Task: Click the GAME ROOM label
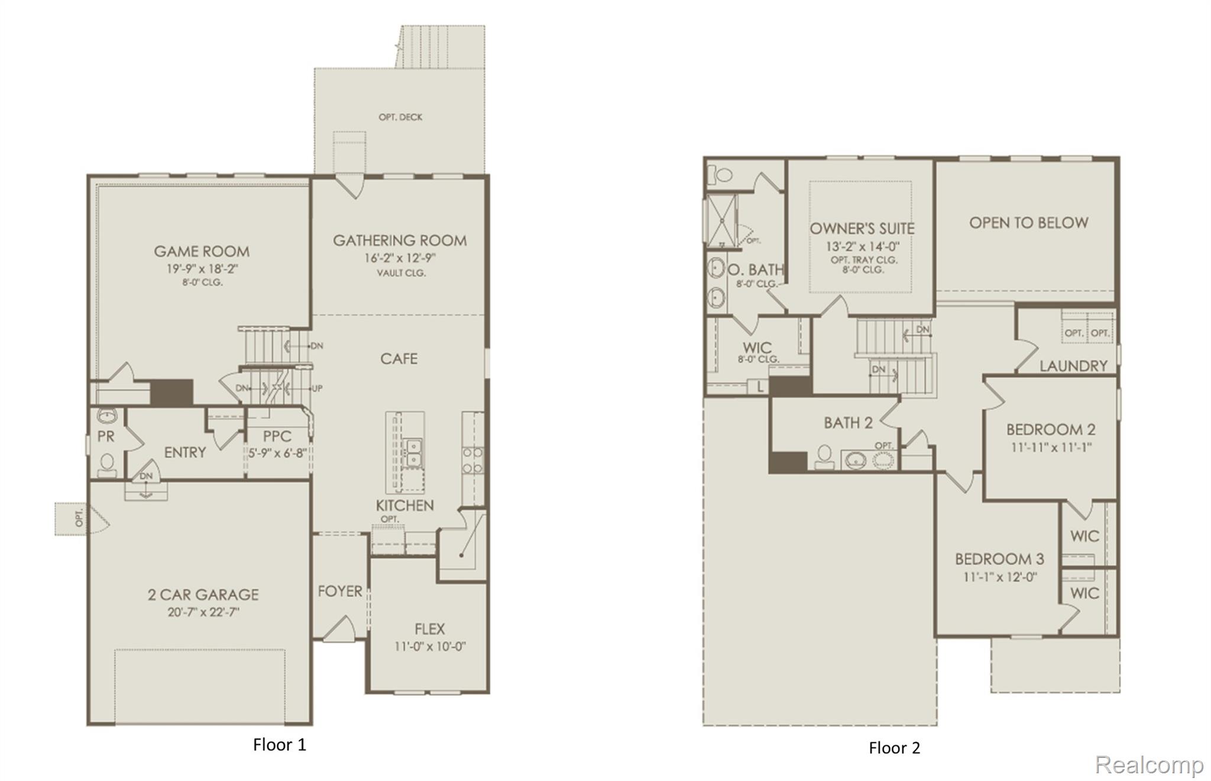(x=202, y=251)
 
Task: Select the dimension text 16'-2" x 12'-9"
(x=400, y=258)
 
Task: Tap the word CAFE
(x=399, y=359)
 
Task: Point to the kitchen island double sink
(x=412, y=452)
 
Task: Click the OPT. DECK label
(x=400, y=117)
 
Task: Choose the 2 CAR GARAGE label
(x=203, y=594)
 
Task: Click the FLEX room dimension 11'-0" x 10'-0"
(x=430, y=646)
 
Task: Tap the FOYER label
(x=339, y=591)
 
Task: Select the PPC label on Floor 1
(x=277, y=436)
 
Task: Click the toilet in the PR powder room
(x=107, y=462)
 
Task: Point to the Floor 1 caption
(x=279, y=744)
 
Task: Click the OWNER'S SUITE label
(x=862, y=228)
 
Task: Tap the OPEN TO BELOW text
(x=1028, y=223)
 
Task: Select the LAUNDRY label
(x=1073, y=366)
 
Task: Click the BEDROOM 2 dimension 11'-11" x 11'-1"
(x=1051, y=448)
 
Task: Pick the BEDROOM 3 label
(x=999, y=559)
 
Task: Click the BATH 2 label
(x=848, y=423)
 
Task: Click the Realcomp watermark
(x=1148, y=764)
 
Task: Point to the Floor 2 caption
(x=894, y=748)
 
